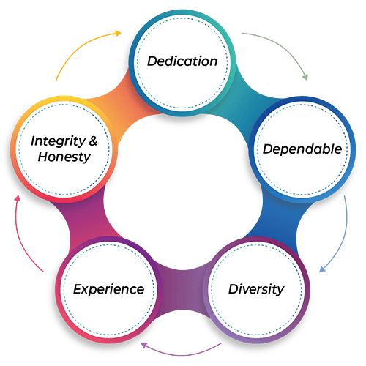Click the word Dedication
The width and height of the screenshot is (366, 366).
click(182, 61)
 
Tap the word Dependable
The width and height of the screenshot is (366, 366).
click(302, 149)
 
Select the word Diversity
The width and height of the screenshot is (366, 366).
click(256, 289)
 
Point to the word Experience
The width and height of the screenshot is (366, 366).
click(108, 290)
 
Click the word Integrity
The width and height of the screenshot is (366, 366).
click(58, 141)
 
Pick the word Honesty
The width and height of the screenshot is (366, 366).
click(64, 157)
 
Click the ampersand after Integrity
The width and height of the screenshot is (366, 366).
click(93, 141)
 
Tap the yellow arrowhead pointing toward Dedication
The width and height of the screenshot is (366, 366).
click(118, 34)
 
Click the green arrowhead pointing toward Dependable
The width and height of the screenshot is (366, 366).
click(305, 77)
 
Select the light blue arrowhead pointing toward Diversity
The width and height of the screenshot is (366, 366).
click(322, 269)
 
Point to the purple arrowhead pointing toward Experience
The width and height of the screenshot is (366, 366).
click(144, 345)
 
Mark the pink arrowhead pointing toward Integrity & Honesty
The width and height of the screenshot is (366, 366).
click(18, 198)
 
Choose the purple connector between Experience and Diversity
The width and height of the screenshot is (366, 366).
click(182, 291)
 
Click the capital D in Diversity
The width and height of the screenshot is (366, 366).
click(233, 289)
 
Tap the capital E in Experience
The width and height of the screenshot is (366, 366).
click(78, 289)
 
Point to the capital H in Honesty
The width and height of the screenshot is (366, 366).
click(43, 157)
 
